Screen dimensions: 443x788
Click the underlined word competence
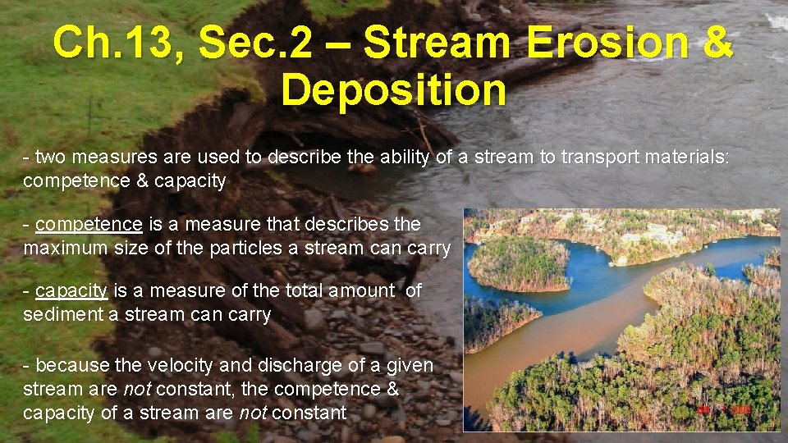(89, 224)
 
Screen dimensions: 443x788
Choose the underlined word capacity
(72, 290)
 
